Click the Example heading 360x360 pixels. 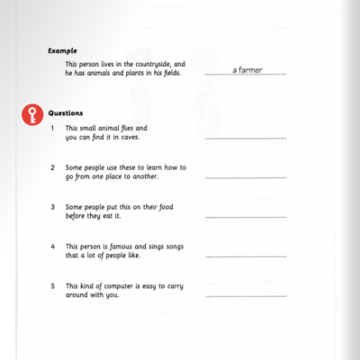click(62, 51)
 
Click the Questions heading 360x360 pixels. click(66, 113)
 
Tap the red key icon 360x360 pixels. click(33, 115)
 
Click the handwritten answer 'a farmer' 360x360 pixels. click(247, 69)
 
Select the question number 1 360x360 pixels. click(53, 129)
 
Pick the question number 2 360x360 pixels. click(53, 167)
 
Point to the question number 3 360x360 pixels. click(53, 206)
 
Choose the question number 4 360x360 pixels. click(53, 246)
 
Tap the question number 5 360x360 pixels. click(53, 285)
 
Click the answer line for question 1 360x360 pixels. click(246, 139)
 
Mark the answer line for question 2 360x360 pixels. click(246, 178)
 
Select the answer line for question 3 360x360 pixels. click(246, 217)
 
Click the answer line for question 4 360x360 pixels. click(246, 256)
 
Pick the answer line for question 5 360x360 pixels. click(246, 296)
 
